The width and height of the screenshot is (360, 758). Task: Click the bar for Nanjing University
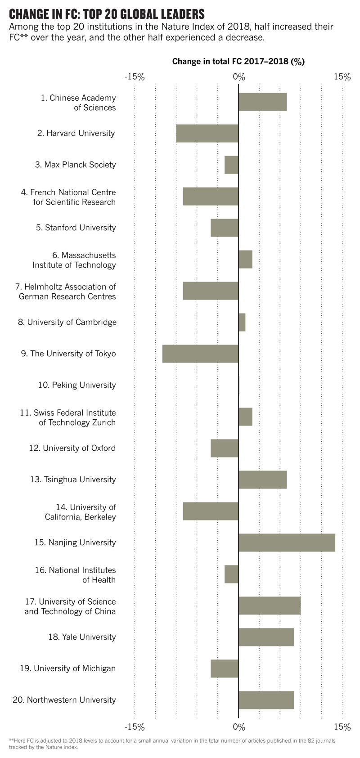(x=287, y=543)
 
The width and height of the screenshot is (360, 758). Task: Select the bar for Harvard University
(x=207, y=133)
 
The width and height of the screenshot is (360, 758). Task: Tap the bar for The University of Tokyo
(x=200, y=354)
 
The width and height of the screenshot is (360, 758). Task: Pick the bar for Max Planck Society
(x=231, y=165)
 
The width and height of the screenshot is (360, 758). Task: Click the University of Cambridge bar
(x=242, y=322)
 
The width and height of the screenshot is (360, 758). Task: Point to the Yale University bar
(x=266, y=637)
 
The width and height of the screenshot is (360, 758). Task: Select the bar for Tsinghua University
(x=262, y=480)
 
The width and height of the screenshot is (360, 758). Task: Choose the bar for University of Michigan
(x=225, y=668)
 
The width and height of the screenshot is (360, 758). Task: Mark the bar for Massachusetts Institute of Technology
(x=245, y=259)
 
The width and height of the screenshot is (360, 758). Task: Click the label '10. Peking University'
(x=77, y=385)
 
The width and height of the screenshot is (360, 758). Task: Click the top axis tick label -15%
(x=134, y=77)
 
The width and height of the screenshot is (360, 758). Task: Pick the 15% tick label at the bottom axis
(x=342, y=727)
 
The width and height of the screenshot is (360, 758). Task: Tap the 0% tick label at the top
(x=239, y=77)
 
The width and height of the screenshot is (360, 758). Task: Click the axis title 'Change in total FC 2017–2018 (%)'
(x=238, y=62)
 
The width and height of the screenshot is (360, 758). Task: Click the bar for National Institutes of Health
(x=231, y=574)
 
